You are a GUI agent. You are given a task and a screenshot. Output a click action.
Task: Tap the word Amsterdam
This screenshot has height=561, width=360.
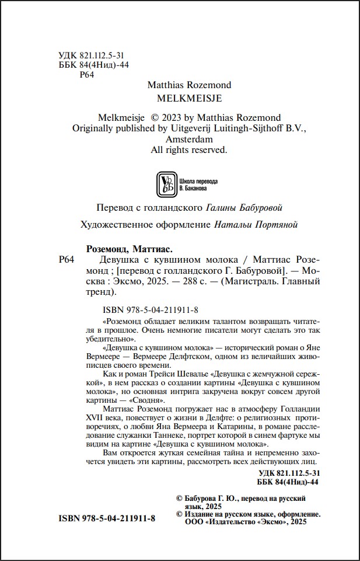(188, 140)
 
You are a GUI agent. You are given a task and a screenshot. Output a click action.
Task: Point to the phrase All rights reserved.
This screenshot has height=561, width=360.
(188, 150)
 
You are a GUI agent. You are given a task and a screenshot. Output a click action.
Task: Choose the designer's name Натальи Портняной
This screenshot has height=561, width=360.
(256, 224)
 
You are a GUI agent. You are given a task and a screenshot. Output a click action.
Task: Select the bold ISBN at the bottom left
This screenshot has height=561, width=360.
(107, 518)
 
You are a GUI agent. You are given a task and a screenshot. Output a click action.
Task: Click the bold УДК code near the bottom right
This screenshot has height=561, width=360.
(288, 472)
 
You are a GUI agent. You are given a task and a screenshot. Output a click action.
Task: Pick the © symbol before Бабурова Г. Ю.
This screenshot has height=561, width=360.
(179, 499)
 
